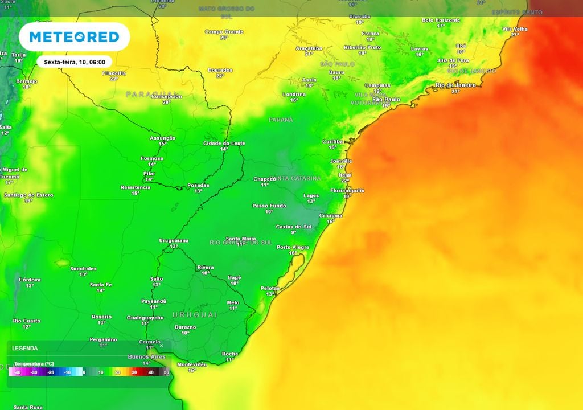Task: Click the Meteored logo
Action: point(74,37)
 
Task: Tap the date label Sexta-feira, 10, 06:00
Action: point(75,61)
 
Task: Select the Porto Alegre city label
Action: point(293,247)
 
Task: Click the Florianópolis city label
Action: point(347,191)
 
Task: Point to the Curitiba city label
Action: point(332,141)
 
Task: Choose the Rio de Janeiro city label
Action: point(455,85)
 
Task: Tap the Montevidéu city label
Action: point(192,364)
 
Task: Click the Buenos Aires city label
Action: point(146,356)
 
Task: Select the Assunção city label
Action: point(162,138)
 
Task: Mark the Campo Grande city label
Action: point(224,32)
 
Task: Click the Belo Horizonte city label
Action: point(441,20)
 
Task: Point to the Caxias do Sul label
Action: point(294,227)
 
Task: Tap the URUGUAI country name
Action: point(195,315)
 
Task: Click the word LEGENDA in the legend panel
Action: point(25,348)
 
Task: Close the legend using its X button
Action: point(161,345)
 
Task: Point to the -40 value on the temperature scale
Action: point(18,372)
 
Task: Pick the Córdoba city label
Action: point(30,280)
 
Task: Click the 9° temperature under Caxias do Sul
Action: point(294,232)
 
